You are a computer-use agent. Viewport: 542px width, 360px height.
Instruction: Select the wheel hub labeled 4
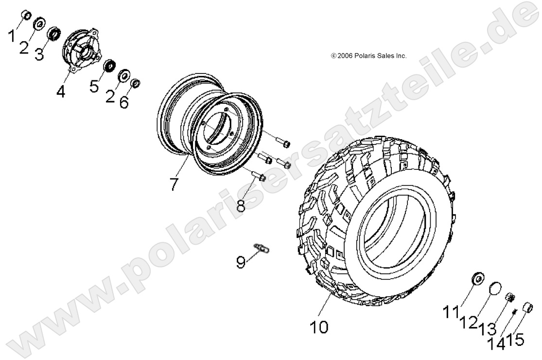(79, 49)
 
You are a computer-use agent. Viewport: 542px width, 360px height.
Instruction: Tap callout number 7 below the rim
(174, 184)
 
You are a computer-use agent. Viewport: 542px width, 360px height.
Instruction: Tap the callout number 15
(516, 340)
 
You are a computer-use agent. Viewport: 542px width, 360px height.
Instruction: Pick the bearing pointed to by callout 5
(110, 65)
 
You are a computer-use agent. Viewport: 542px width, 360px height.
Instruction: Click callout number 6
(124, 102)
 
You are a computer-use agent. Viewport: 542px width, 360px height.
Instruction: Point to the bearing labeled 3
(54, 34)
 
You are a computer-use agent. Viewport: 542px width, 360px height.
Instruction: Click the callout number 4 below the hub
(60, 91)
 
